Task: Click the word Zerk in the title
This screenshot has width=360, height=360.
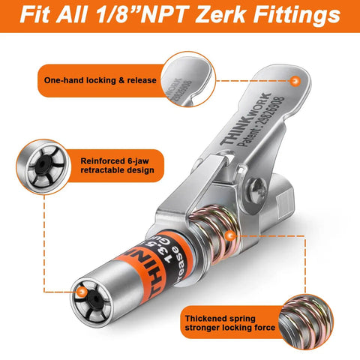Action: pos(220,15)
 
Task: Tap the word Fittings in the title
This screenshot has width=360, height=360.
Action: pos(291,15)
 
